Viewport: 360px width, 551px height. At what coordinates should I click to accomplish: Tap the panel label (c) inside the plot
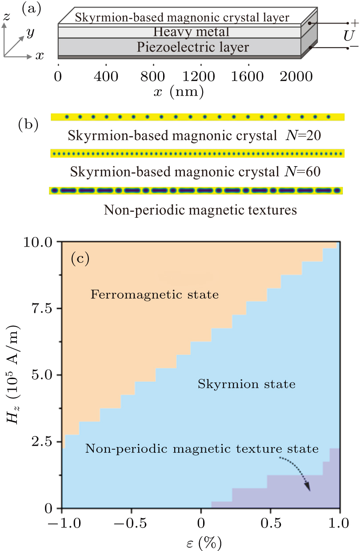[x=80, y=259]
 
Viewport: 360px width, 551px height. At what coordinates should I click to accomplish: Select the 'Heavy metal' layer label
[x=191, y=32]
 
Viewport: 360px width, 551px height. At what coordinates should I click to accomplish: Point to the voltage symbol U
[x=348, y=36]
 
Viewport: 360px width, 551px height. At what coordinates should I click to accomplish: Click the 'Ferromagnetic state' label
[x=155, y=294]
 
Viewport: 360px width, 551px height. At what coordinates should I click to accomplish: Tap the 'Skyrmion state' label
[x=246, y=384]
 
